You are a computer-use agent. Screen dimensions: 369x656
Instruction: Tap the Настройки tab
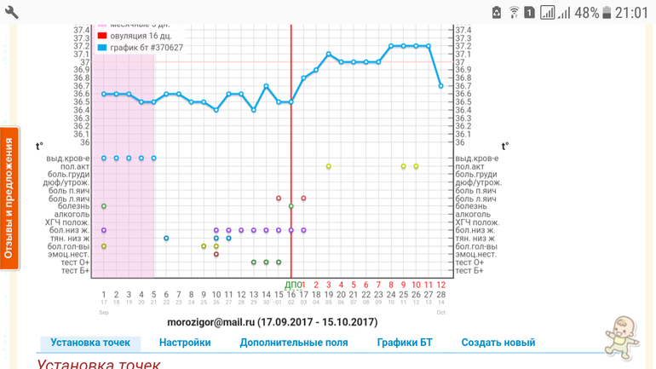click(x=185, y=343)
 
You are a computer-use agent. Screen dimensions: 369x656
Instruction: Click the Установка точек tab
click(x=90, y=343)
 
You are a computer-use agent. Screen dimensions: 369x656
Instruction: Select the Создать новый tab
click(x=498, y=343)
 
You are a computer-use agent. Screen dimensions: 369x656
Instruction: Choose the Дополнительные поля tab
click(x=294, y=343)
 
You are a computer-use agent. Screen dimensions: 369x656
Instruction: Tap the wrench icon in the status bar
click(x=12, y=12)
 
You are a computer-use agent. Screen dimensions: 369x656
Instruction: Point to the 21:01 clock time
click(x=631, y=13)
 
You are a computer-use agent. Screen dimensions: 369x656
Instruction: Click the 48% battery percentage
click(x=587, y=13)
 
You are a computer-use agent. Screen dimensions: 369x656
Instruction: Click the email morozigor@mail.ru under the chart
click(x=210, y=322)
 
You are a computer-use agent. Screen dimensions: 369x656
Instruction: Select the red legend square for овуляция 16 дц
click(x=102, y=36)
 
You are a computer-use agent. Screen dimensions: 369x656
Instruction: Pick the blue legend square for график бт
click(x=102, y=48)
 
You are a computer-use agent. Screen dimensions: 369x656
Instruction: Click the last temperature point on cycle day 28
click(x=440, y=85)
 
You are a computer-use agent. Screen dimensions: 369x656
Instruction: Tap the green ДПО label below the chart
click(x=291, y=285)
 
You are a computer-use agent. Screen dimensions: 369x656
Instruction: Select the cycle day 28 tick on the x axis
click(x=440, y=295)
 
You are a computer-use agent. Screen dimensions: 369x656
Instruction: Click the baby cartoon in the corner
click(x=621, y=337)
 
